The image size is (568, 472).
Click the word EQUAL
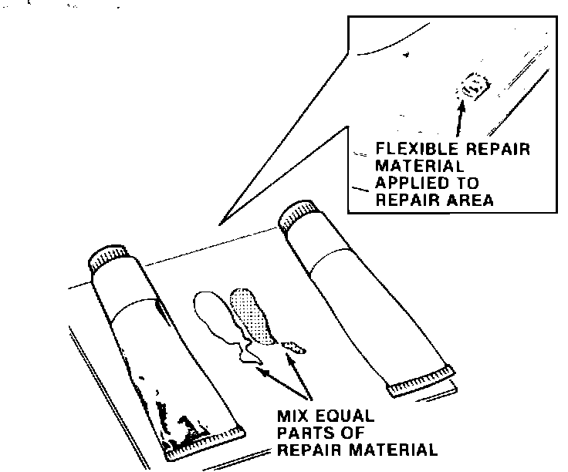(x=347, y=416)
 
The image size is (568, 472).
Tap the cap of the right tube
(x=297, y=214)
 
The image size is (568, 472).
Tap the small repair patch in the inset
(x=472, y=85)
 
